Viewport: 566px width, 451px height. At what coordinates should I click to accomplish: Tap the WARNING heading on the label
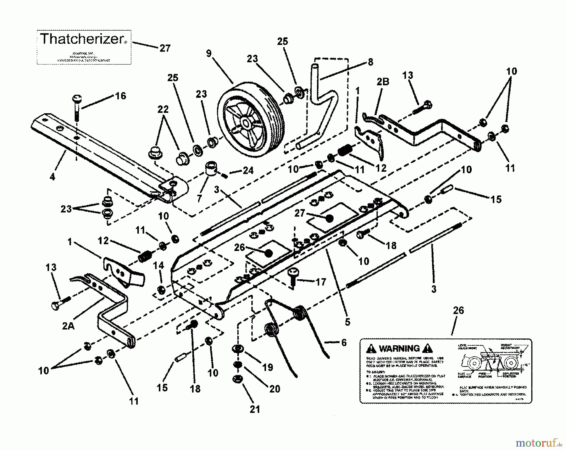399,348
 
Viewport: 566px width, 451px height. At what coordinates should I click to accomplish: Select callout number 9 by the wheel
209,53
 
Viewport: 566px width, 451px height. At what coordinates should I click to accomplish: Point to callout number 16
120,96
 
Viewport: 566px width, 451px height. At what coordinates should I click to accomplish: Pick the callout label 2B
383,82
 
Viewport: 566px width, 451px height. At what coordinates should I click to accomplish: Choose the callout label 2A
68,326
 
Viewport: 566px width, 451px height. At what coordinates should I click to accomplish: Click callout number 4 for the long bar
52,177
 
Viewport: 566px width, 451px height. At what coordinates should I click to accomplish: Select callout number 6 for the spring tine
344,342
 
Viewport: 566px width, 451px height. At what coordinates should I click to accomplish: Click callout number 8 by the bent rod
370,62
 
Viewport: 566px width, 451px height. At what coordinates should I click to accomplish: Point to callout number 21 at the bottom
255,409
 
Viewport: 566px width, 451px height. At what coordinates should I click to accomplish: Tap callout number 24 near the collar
248,170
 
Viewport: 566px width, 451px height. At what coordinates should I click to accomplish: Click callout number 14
158,265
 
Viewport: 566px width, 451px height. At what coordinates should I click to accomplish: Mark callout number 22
163,109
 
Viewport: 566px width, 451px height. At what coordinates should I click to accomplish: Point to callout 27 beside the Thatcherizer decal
165,48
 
